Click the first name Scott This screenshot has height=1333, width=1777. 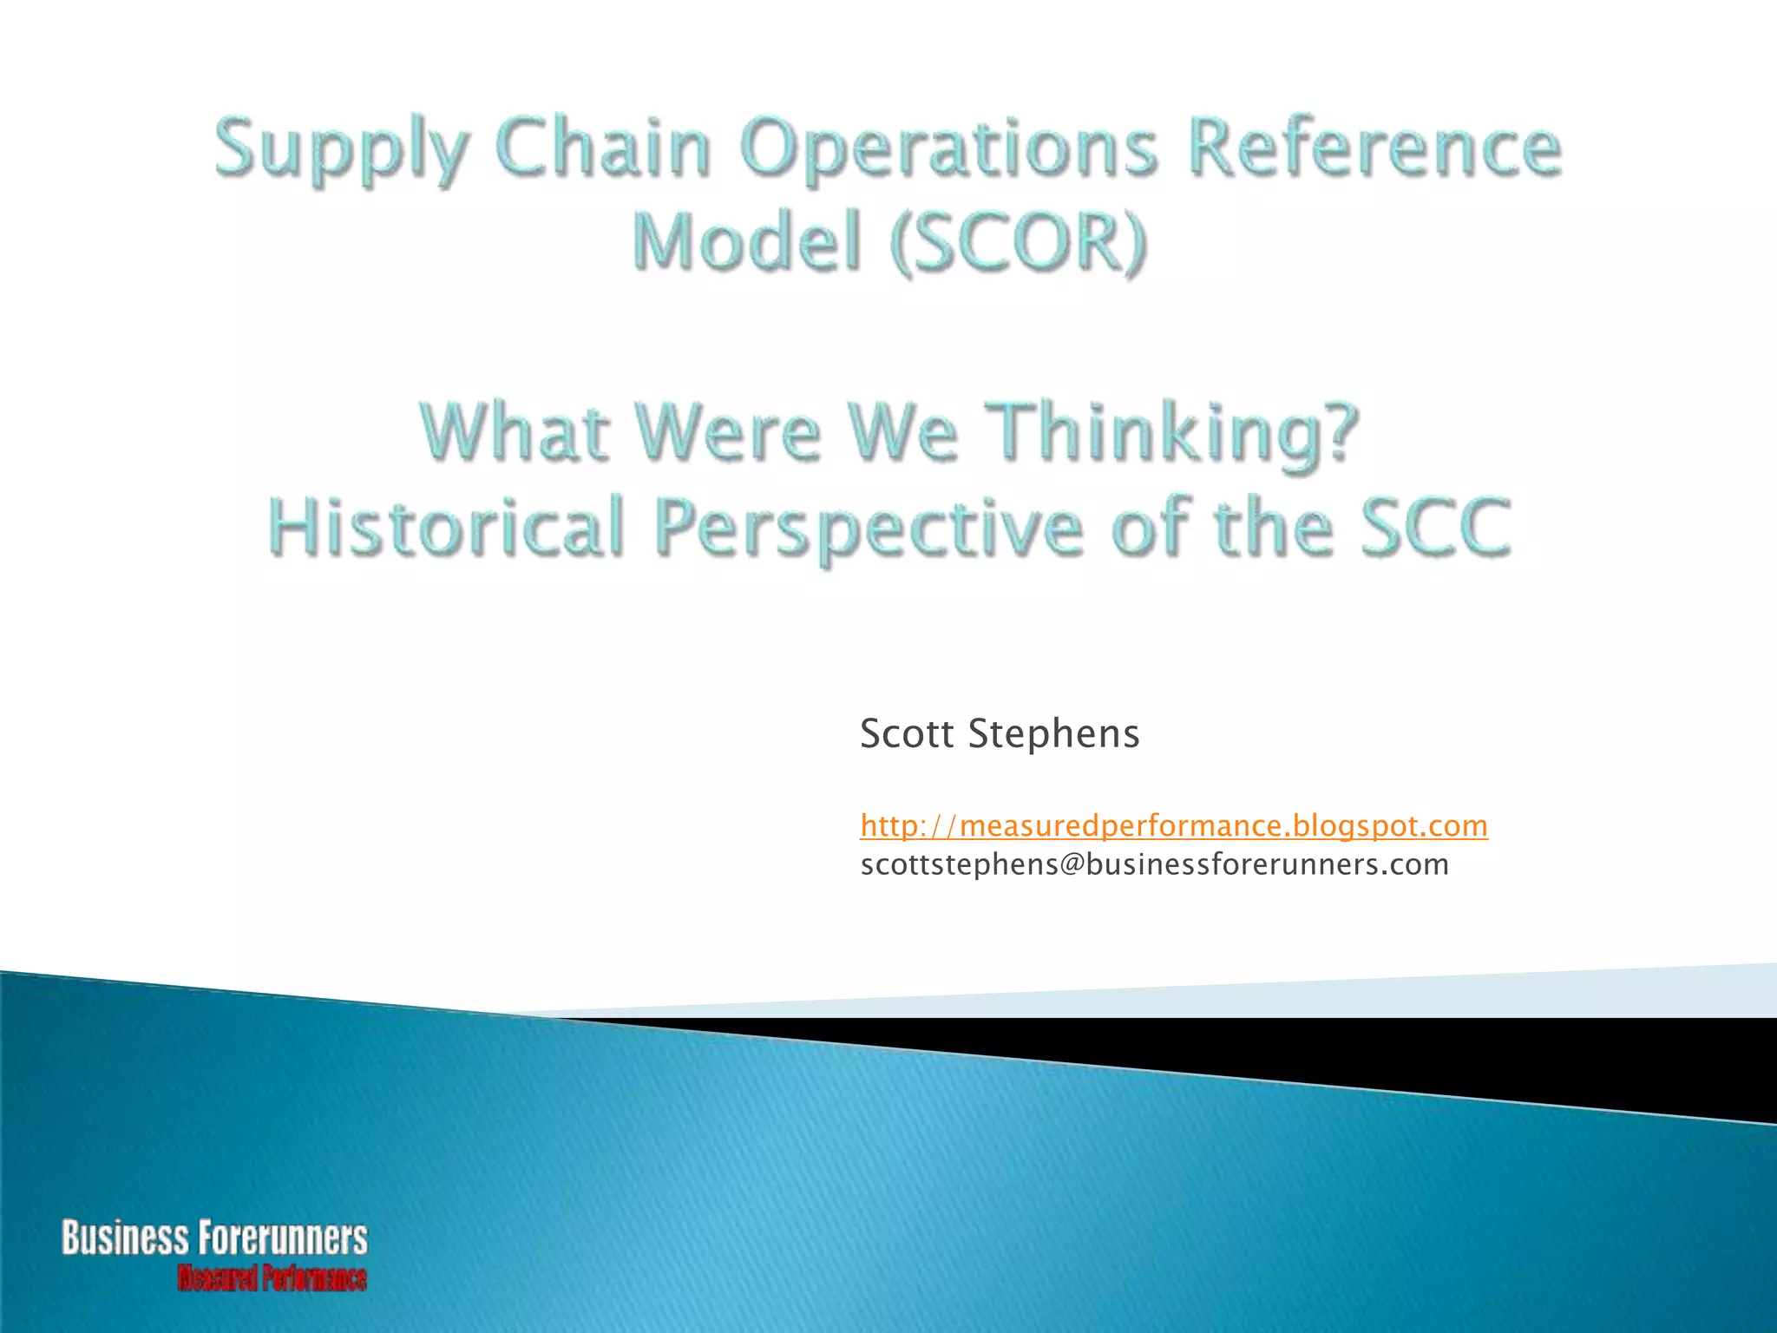[907, 733]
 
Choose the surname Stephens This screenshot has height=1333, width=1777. [1053, 733]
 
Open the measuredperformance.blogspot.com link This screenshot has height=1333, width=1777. [1174, 825]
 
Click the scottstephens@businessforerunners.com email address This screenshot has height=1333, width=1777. [1154, 864]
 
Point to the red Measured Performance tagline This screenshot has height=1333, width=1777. [272, 1278]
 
